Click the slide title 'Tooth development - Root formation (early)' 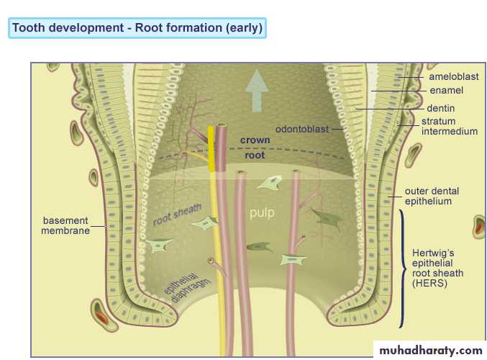(x=137, y=28)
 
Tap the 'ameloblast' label (x=453, y=77)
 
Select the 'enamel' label (x=446, y=91)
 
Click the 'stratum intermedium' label (x=449, y=127)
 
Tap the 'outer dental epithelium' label (x=432, y=196)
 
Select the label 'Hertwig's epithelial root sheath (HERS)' (x=437, y=269)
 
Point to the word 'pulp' (x=262, y=213)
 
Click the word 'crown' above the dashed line (x=255, y=140)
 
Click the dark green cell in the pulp (x=258, y=246)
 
